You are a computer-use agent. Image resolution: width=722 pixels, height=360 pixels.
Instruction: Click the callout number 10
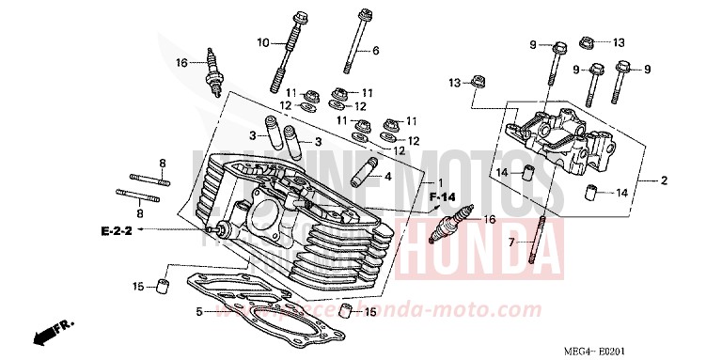coord(263,42)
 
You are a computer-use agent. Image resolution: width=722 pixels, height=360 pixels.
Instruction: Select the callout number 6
coord(375,50)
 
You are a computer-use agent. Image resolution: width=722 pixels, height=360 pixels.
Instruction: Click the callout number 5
coord(199,311)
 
